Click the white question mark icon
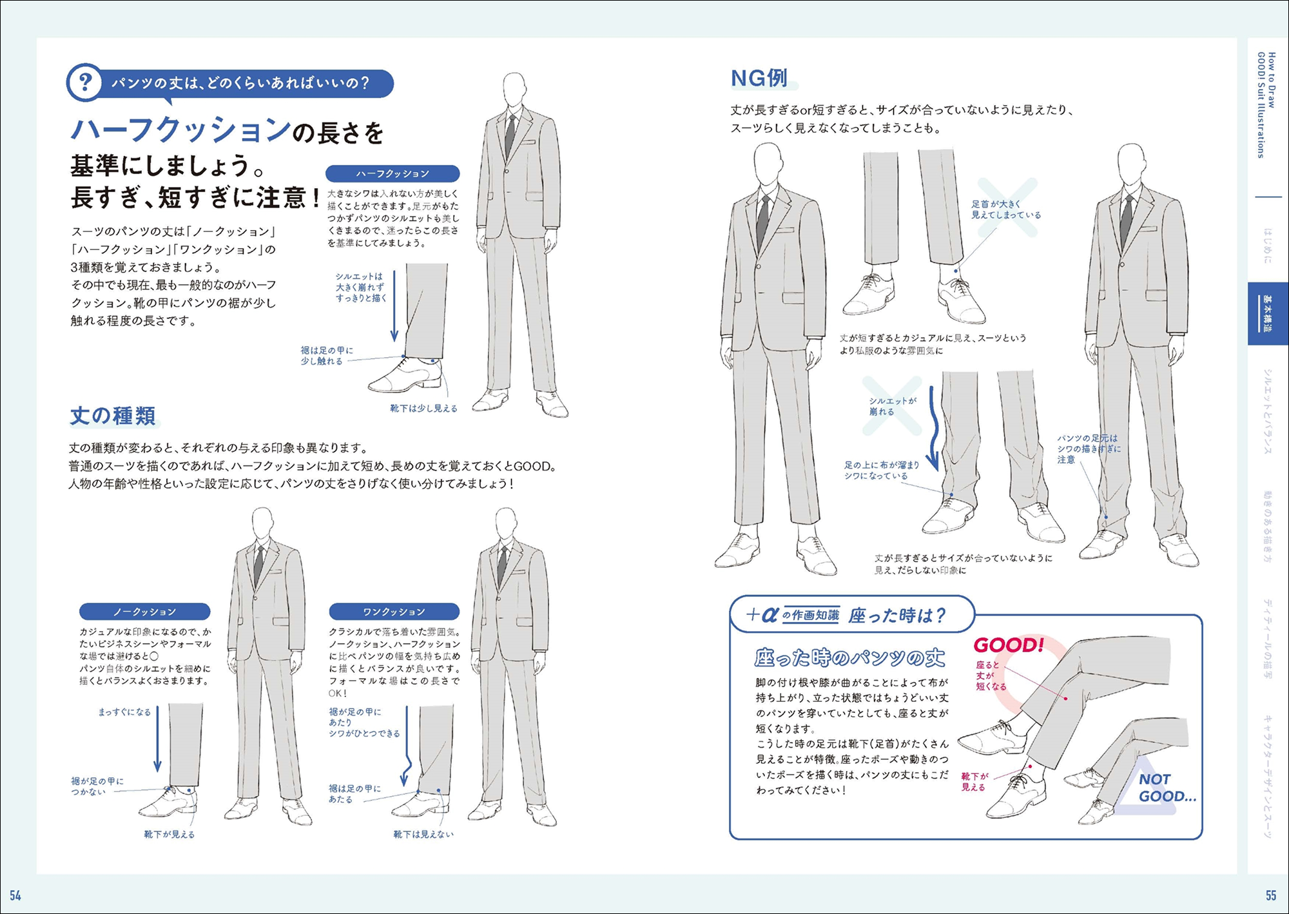85,83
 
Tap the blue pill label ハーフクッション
393,173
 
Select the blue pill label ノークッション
145,612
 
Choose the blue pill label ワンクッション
394,612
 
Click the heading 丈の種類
113,416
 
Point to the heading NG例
759,79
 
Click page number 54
15,895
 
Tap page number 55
1271,895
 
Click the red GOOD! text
1009,645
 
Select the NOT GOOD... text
1167,788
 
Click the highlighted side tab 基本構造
1268,314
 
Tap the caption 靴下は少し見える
423,408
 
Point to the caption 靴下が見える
169,834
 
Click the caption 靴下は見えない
423,834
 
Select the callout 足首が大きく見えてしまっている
1006,209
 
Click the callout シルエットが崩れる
893,406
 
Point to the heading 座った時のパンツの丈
850,658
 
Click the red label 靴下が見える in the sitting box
974,782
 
